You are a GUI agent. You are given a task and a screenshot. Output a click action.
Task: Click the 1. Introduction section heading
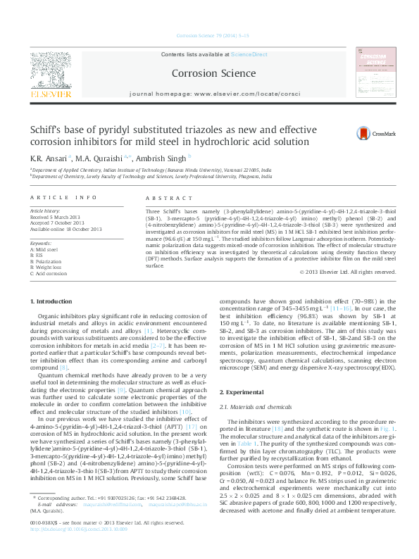53,301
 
